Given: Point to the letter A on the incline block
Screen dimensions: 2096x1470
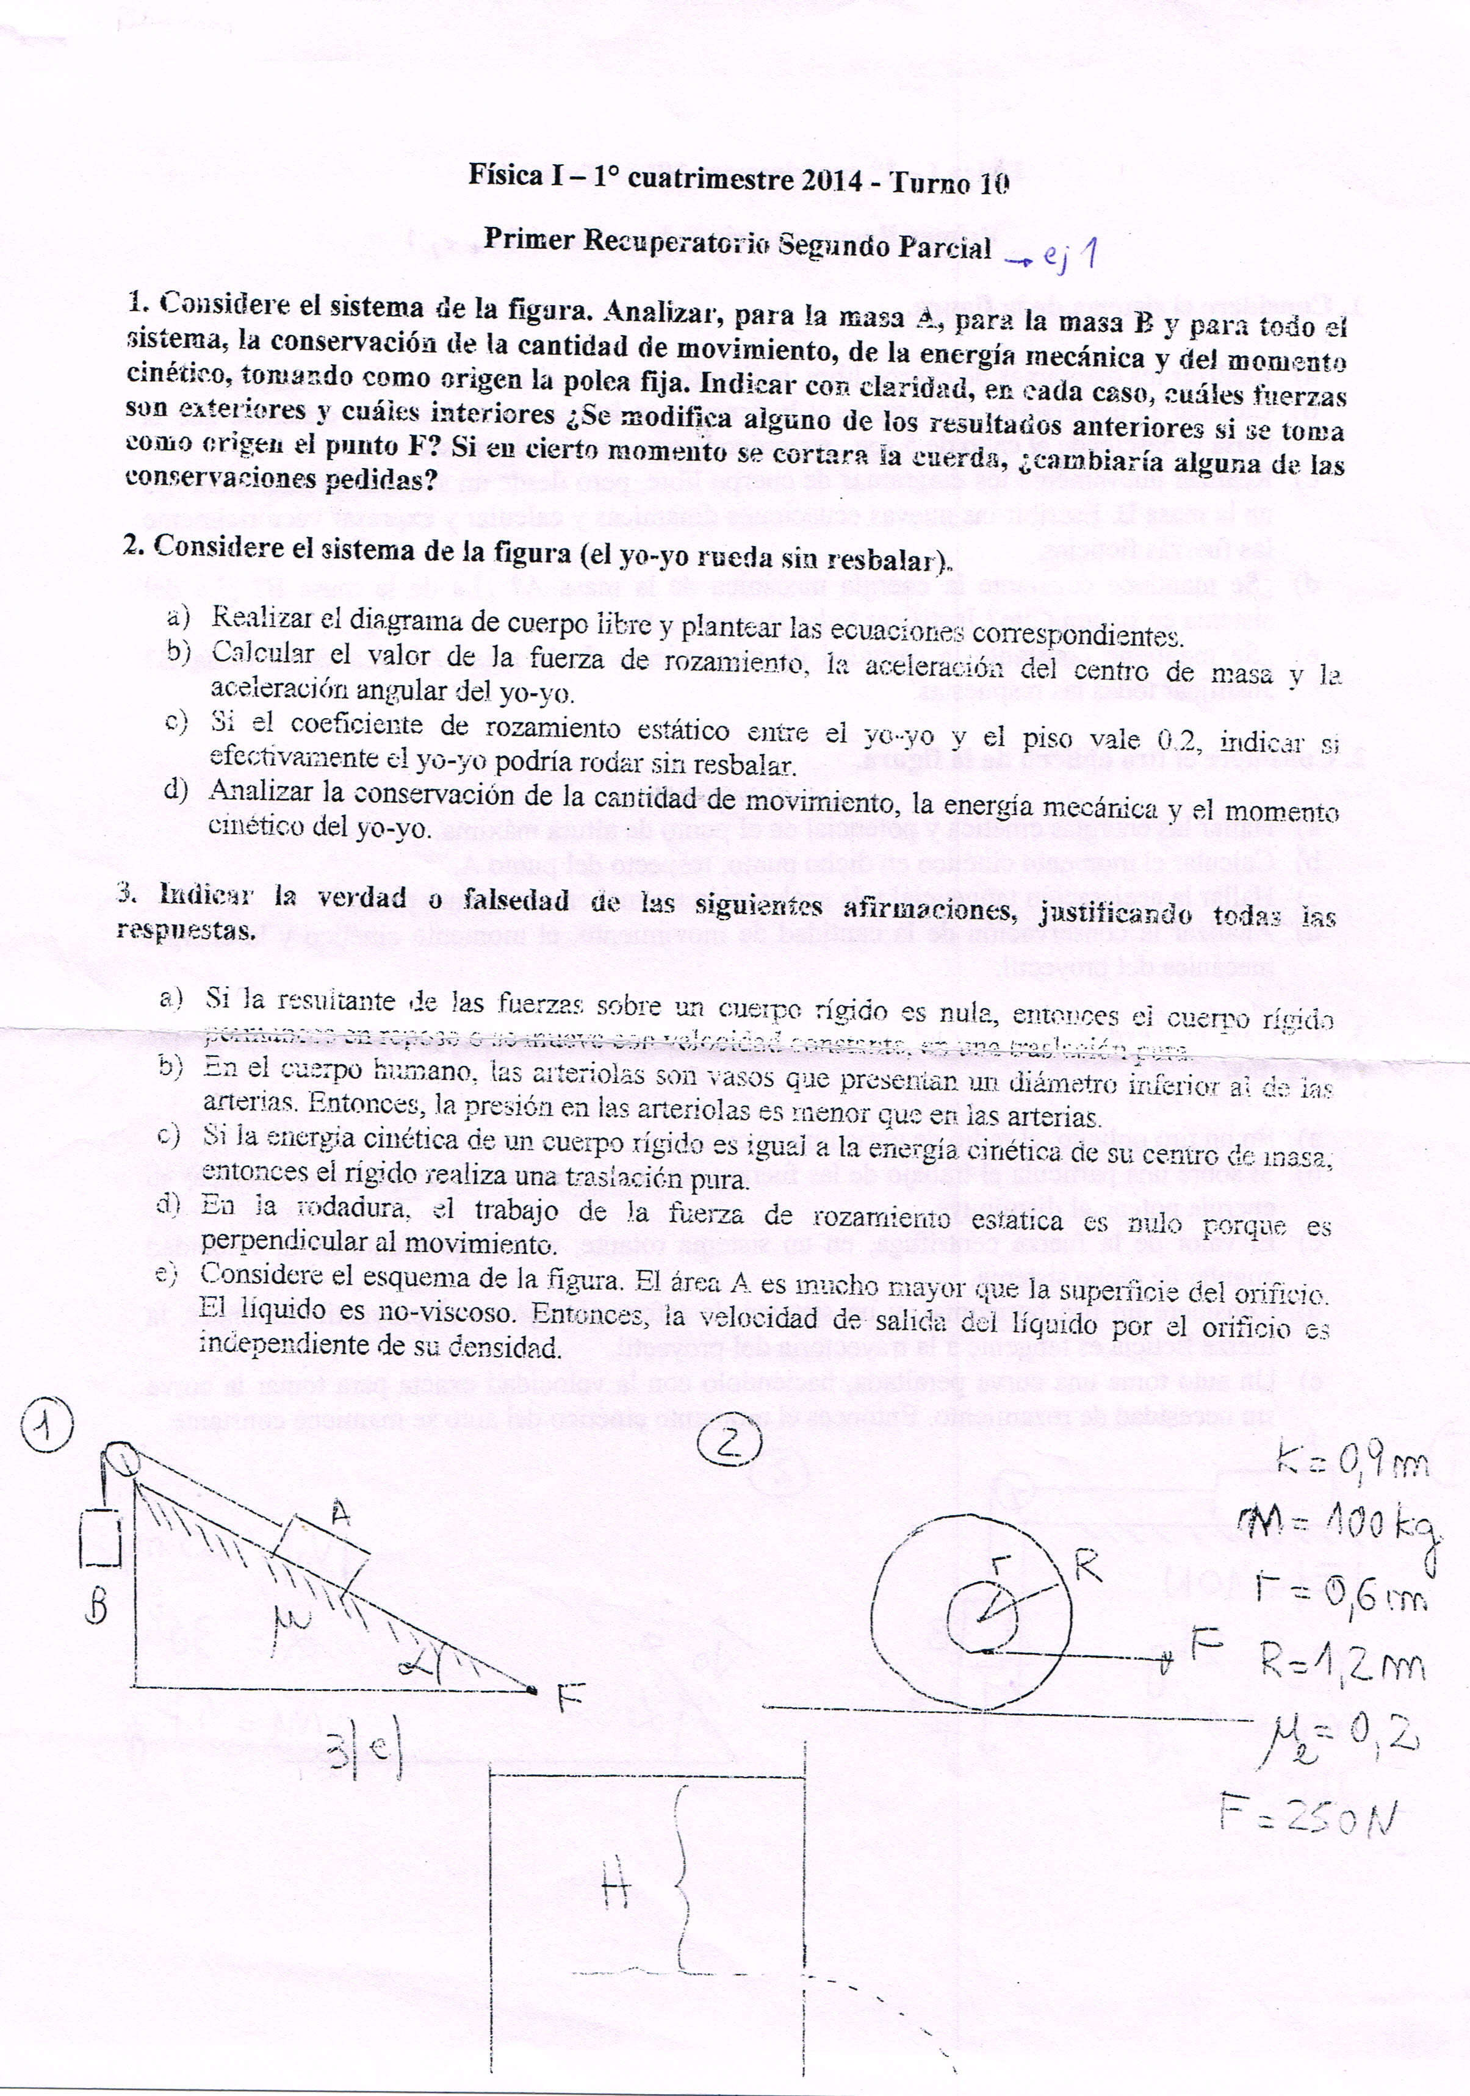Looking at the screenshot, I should (x=340, y=1514).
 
